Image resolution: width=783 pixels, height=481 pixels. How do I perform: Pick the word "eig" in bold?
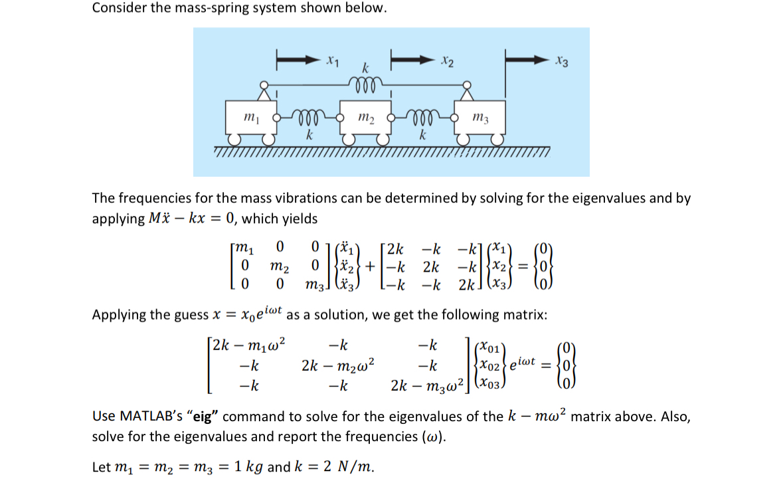[206, 417]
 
